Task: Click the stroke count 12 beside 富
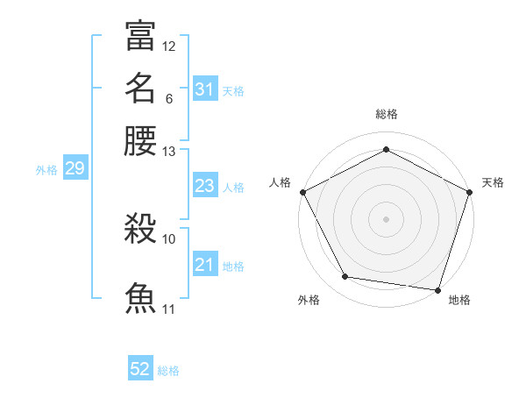(169, 46)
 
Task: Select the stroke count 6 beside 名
(168, 98)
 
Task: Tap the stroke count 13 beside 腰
(169, 152)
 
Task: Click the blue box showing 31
(204, 89)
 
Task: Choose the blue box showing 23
(204, 186)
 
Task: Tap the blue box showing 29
(75, 169)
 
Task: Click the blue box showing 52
(140, 370)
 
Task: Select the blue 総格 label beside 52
(168, 371)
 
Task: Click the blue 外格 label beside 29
(46, 170)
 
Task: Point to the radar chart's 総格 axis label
(386, 114)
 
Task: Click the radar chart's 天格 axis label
(493, 182)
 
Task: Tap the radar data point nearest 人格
(302, 191)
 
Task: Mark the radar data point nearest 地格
(437, 289)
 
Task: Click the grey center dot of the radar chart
(386, 218)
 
